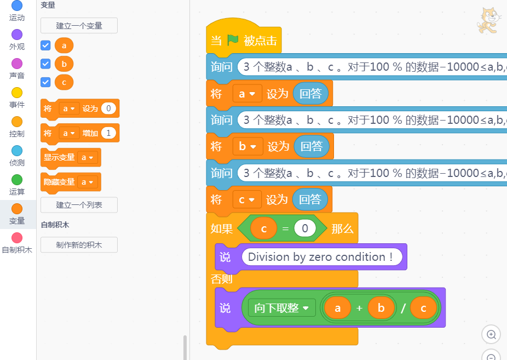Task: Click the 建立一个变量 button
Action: [x=79, y=25]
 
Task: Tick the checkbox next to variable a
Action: [x=46, y=45]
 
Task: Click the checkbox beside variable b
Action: [x=46, y=64]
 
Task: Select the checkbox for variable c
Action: [x=46, y=82]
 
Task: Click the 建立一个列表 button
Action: [x=79, y=205]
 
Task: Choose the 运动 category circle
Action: [x=17, y=6]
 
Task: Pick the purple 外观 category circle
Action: [x=17, y=35]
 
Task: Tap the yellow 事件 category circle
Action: [x=17, y=93]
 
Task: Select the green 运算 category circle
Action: [x=17, y=180]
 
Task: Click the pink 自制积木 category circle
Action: [x=17, y=238]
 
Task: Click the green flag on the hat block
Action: [x=233, y=40]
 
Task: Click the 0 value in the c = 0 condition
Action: [x=305, y=228]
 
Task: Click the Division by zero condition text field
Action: [x=321, y=257]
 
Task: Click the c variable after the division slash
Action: [x=423, y=308]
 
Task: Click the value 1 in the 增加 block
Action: [x=108, y=133]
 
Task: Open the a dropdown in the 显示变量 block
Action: [x=88, y=158]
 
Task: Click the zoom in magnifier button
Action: [x=491, y=334]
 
